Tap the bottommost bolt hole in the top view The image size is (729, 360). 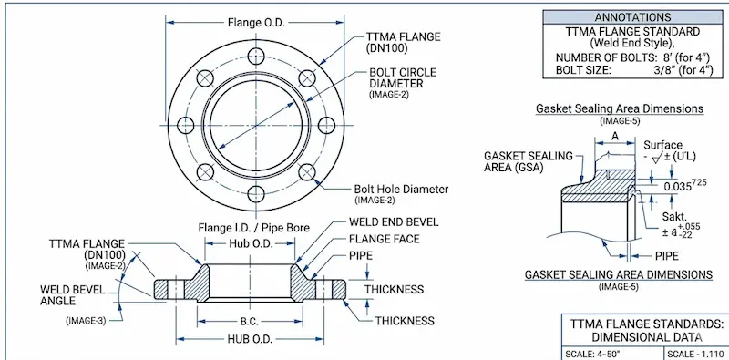click(256, 192)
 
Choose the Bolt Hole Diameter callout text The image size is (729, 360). click(401, 189)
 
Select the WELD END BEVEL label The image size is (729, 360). click(394, 222)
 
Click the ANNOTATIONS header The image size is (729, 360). click(634, 16)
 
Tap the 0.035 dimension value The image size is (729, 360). click(680, 186)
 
